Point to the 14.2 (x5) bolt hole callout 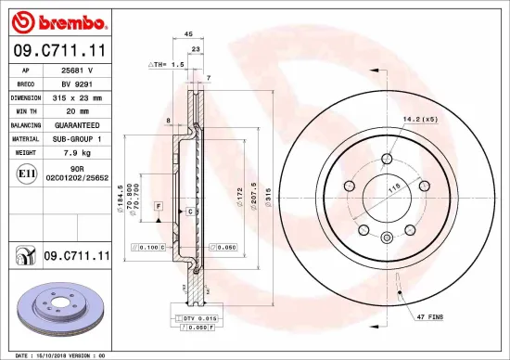coord(419,120)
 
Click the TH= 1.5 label coord(167,66)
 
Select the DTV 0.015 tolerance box coord(197,318)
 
